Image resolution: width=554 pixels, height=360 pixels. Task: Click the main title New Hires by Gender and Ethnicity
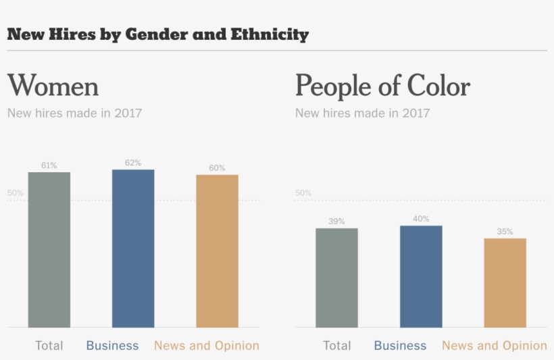pos(157,34)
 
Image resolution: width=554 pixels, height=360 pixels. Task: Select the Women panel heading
pos(53,86)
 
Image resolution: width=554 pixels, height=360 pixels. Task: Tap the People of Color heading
pos(382,86)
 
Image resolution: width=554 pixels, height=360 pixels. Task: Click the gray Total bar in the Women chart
pos(49,250)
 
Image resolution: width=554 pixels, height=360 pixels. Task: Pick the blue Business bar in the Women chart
pos(133,249)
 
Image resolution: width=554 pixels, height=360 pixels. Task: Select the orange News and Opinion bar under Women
pos(217,251)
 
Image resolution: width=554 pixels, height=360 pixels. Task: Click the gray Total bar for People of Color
pos(336,278)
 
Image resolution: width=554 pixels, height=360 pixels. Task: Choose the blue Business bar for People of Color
pos(421,276)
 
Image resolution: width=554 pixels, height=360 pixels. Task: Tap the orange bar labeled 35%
pos(505,283)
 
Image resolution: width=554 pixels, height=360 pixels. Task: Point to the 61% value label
pos(49,165)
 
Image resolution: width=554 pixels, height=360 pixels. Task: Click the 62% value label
pos(133,163)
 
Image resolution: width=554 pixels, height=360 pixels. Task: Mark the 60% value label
pos(217,168)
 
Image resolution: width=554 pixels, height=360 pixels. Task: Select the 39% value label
pos(336,221)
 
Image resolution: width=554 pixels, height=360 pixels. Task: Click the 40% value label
pos(421,218)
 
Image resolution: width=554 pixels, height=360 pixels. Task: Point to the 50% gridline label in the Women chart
pos(16,193)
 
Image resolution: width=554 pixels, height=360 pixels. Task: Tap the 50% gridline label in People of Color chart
pos(303,193)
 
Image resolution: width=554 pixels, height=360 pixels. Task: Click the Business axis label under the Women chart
pos(112,346)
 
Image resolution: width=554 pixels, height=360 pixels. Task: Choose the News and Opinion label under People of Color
pos(494,346)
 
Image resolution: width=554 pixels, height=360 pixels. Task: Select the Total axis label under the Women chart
pos(49,346)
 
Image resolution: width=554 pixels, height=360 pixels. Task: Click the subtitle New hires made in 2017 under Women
pos(74,113)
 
